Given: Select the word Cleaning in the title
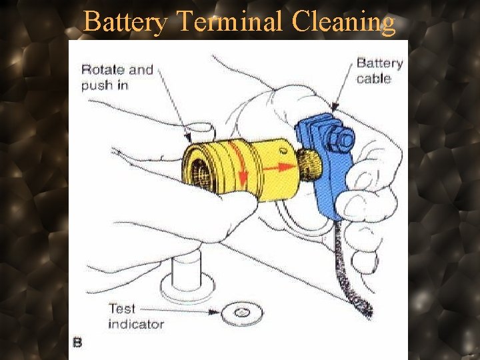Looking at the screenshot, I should (x=343, y=22).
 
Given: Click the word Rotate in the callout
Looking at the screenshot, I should (x=101, y=69).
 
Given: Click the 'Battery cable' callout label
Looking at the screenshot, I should (x=379, y=71).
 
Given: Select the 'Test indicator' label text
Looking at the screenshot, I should (x=135, y=317).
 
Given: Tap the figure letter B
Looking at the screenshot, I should (x=77, y=343).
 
